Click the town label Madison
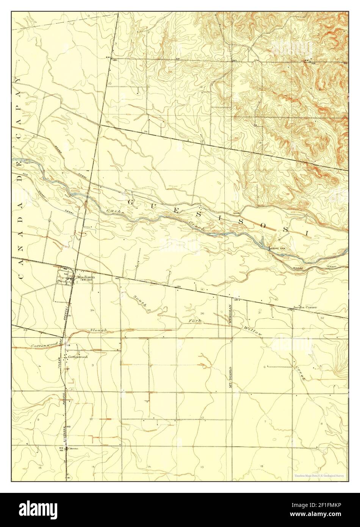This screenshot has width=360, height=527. point(85,277)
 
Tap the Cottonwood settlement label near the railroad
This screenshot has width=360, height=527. point(78,357)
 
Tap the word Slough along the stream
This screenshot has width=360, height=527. point(99,331)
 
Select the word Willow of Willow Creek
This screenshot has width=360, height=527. point(253,331)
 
